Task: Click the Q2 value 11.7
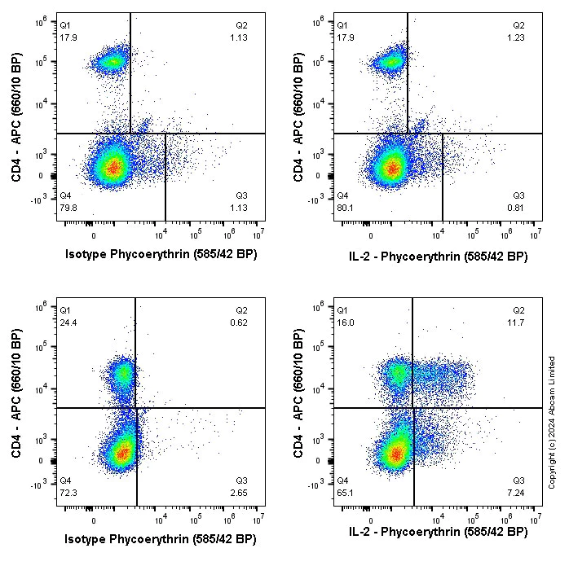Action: [518, 322]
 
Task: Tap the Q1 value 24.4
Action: [68, 322]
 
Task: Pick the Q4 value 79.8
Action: [68, 207]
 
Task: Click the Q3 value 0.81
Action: [518, 207]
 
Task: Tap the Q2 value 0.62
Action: [241, 322]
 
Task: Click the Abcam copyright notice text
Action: [552, 422]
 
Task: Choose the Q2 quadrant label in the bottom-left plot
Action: [242, 310]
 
